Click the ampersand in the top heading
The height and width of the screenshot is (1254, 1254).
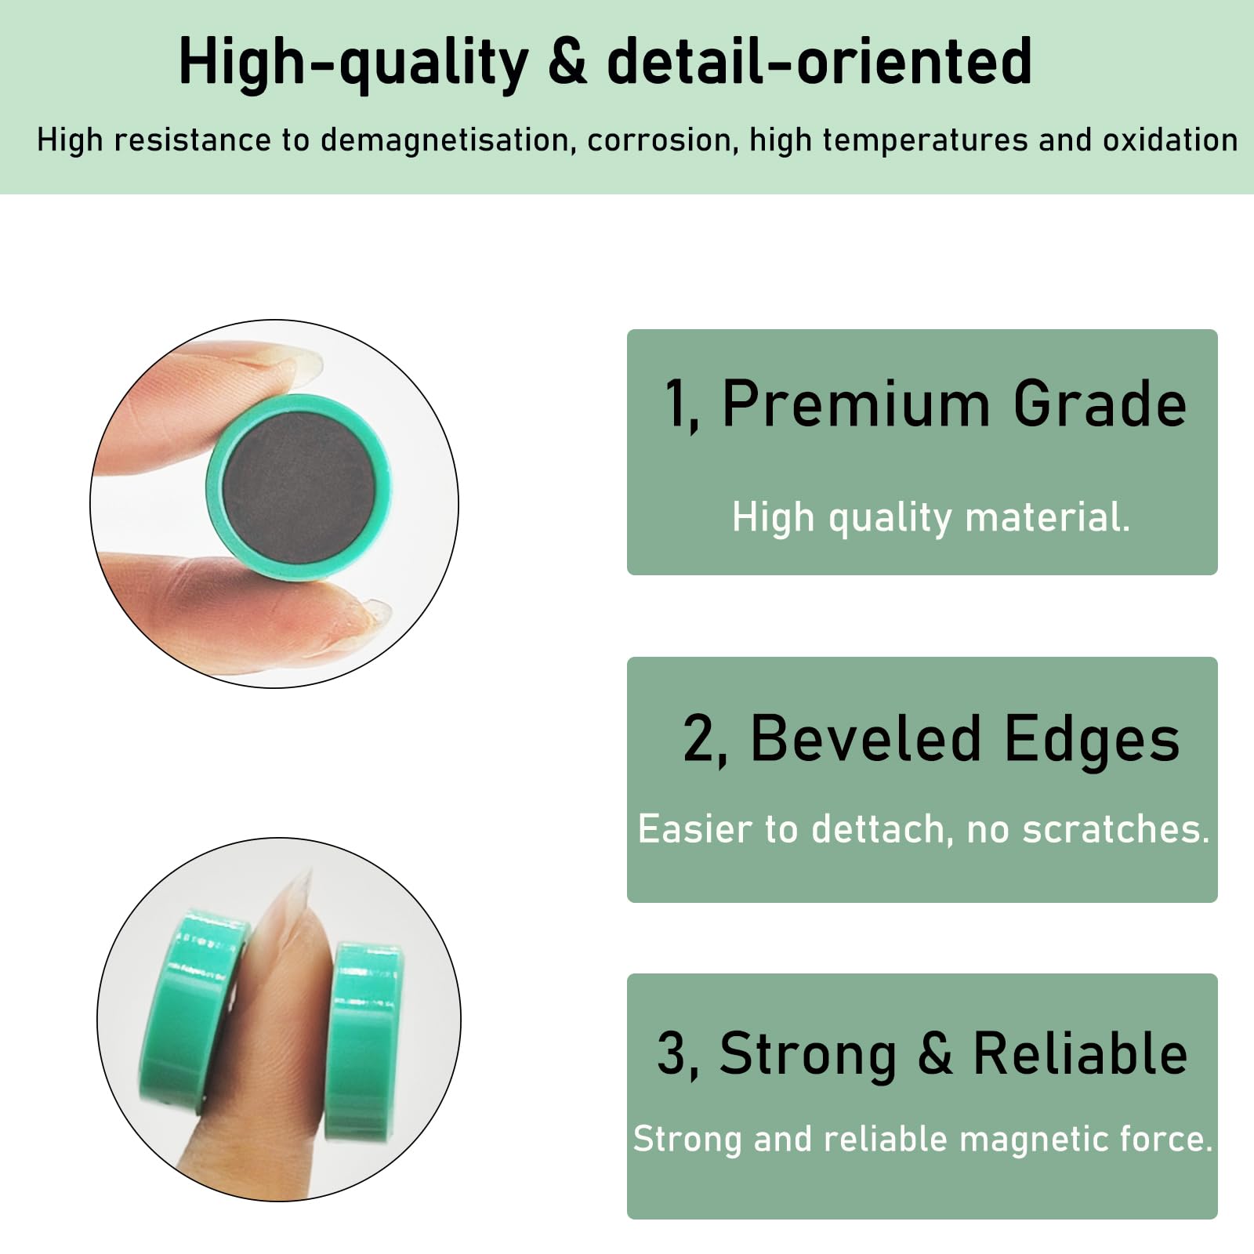[568, 62]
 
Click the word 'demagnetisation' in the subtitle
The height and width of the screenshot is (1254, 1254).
[443, 140]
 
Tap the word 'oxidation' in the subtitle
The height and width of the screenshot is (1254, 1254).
[1170, 140]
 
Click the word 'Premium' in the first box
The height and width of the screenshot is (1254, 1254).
[856, 404]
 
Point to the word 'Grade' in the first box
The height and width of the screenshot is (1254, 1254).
[1100, 404]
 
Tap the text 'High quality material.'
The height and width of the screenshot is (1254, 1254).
[931, 518]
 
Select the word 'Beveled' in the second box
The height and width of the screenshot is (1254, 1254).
[865, 738]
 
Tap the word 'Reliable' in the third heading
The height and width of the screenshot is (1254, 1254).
[1080, 1053]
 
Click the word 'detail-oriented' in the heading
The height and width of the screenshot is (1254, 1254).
[819, 62]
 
